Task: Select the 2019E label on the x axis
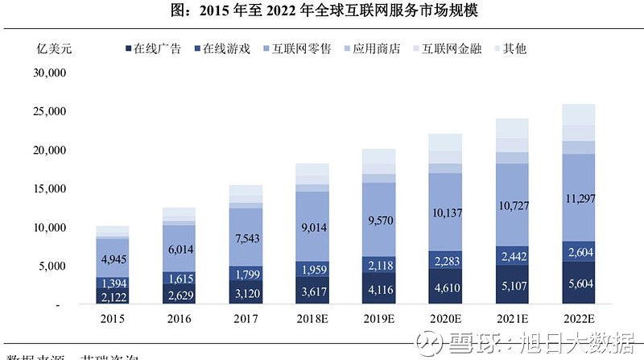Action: pyautogui.click(x=378, y=320)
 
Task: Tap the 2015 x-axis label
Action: pyautogui.click(x=113, y=320)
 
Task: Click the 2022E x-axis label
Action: pyautogui.click(x=578, y=320)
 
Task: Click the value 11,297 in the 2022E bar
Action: pyautogui.click(x=578, y=197)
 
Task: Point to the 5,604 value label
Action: pyautogui.click(x=578, y=283)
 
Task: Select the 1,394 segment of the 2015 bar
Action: pyautogui.click(x=113, y=283)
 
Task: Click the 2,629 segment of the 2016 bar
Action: pyautogui.click(x=179, y=296)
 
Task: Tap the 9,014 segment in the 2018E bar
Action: pyautogui.click(x=312, y=228)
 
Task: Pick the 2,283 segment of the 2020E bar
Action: pyautogui.click(x=445, y=260)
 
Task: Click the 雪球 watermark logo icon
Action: pyautogui.click(x=431, y=344)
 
